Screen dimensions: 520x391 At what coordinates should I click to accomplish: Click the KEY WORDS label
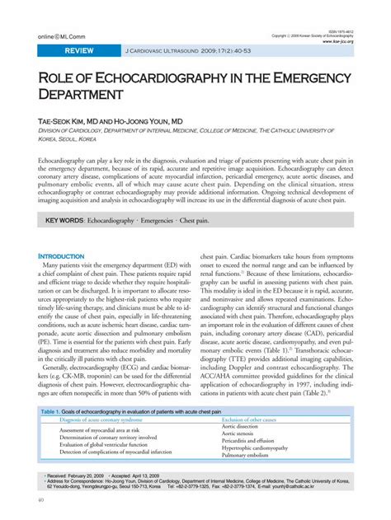[64, 220]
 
